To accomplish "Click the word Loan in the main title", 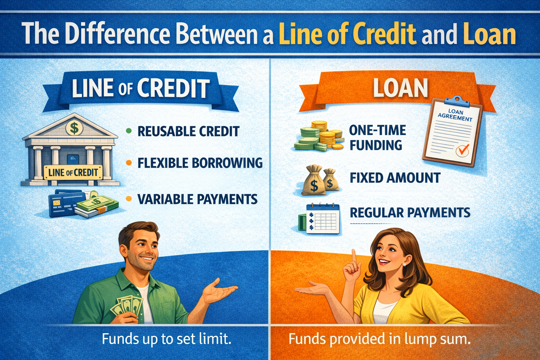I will [489, 34].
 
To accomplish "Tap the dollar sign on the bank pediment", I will [74, 128].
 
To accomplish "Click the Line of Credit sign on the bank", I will [73, 172].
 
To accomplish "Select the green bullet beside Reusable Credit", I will [129, 131].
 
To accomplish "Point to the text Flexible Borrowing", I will [200, 163].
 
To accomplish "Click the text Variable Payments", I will [197, 199].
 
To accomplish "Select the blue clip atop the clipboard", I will [457, 101].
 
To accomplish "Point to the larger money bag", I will [314, 181].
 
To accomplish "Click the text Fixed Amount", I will [395, 178].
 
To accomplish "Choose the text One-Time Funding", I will [377, 137].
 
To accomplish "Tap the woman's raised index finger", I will [354, 257].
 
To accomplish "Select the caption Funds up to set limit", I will [167, 339].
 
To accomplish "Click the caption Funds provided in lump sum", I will [379, 339].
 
